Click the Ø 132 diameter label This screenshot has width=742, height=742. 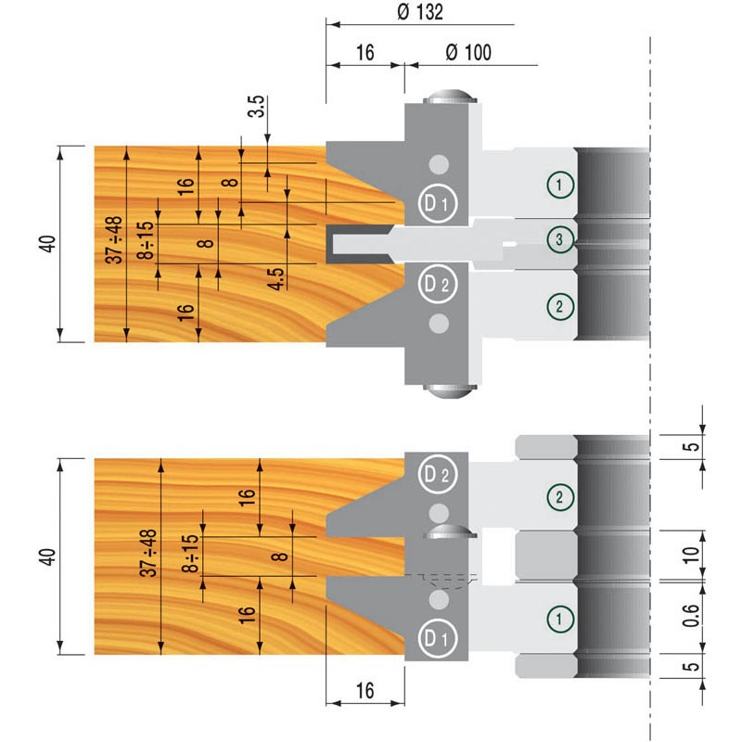pyautogui.click(x=420, y=12)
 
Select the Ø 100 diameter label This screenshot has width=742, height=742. pyautogui.click(x=468, y=53)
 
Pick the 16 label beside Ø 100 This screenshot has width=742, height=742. pyautogui.click(x=365, y=53)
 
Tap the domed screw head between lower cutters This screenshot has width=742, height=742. pyautogui.click(x=450, y=532)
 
